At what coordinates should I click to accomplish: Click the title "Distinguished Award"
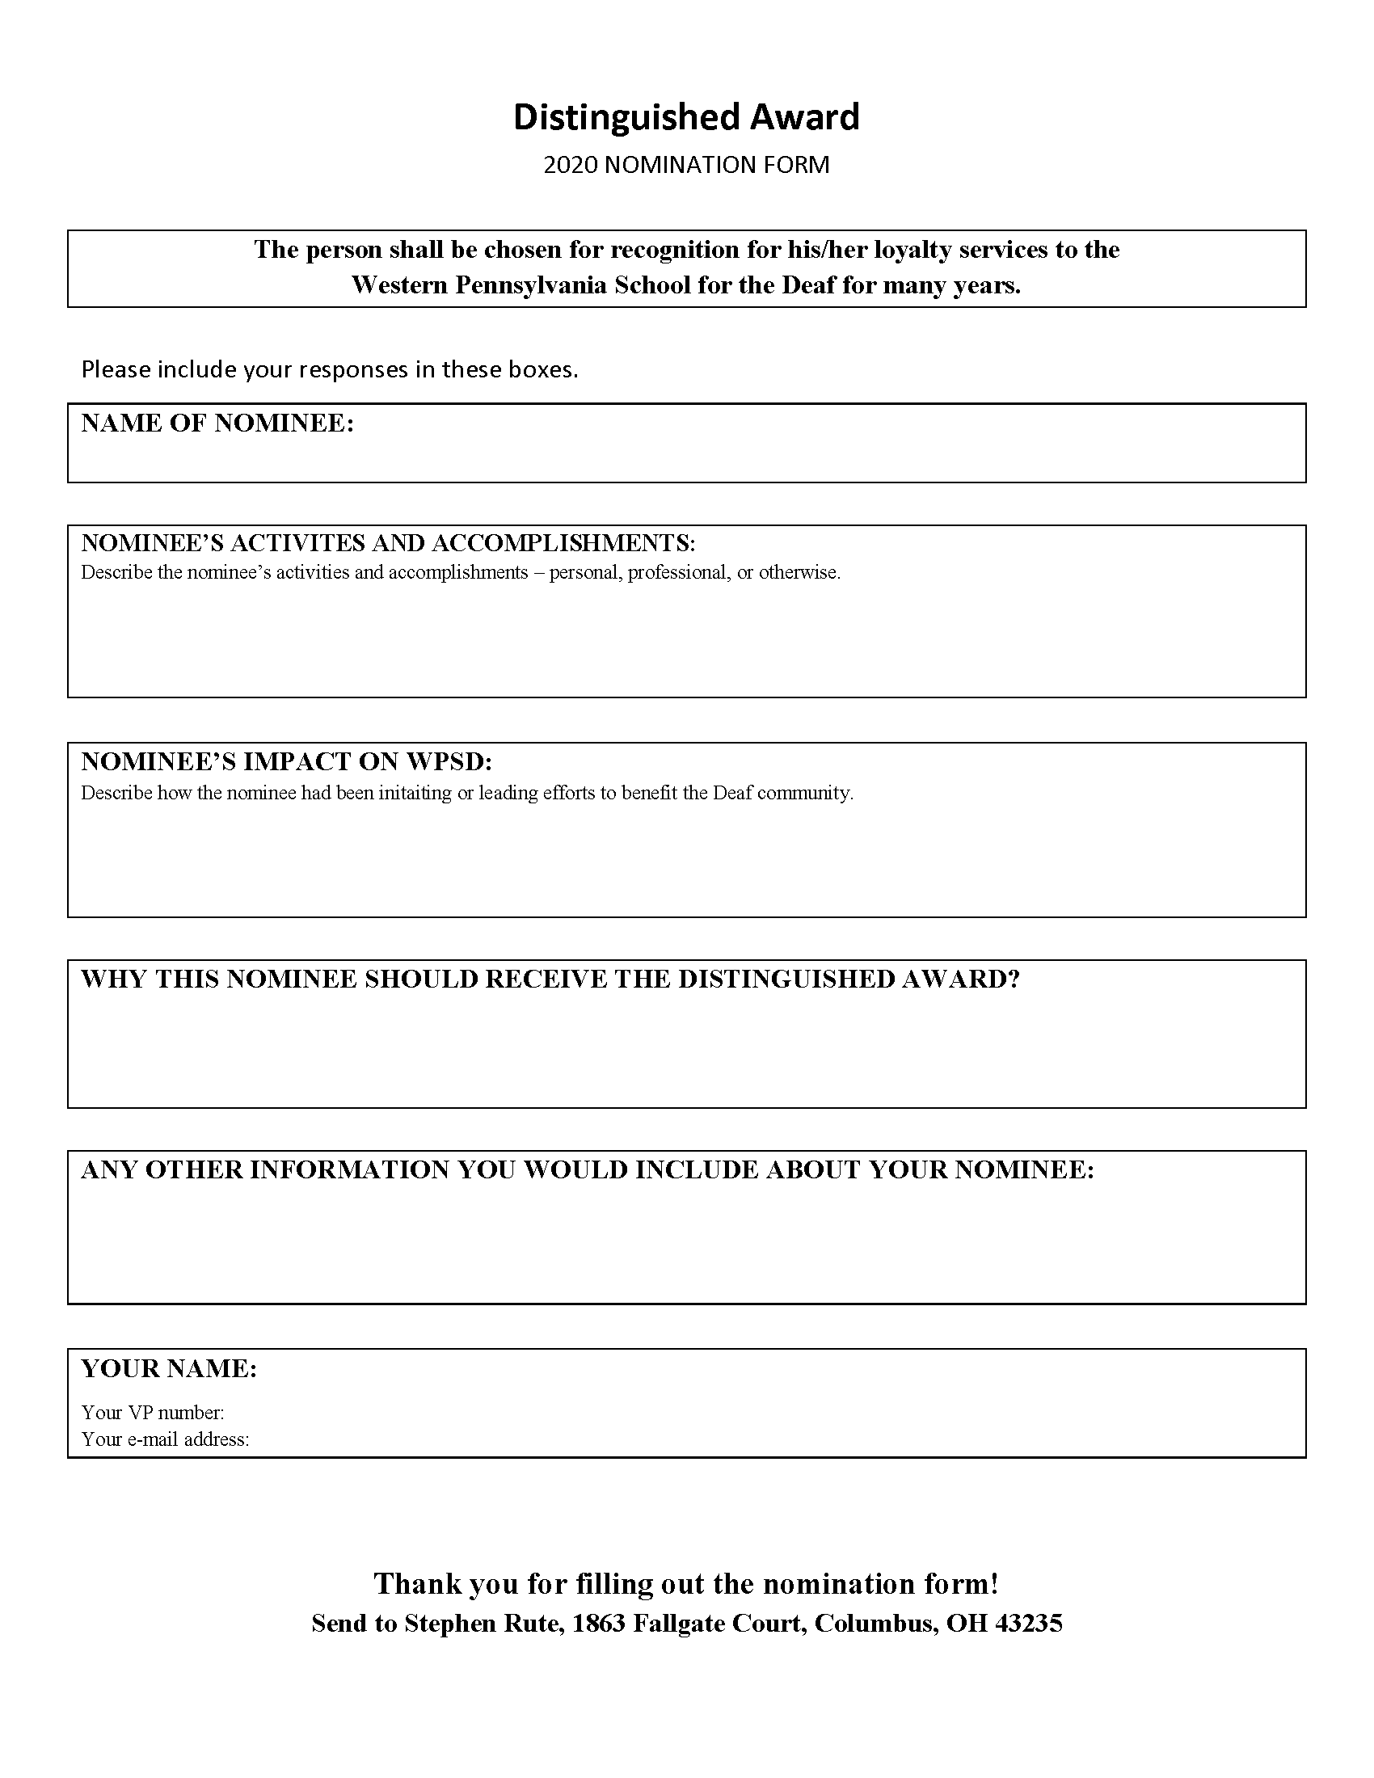pyautogui.click(x=685, y=118)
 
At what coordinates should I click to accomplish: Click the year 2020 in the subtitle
pyautogui.click(x=571, y=165)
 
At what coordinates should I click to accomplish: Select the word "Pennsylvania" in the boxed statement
pyautogui.click(x=529, y=286)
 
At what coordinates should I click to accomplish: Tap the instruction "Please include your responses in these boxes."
pyautogui.click(x=330, y=369)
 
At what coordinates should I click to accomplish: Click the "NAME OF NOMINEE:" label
pyautogui.click(x=217, y=423)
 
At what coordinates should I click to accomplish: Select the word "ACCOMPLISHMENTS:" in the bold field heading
pyautogui.click(x=563, y=543)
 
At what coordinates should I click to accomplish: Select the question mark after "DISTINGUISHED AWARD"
pyautogui.click(x=1014, y=980)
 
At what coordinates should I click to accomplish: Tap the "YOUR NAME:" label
pyautogui.click(x=169, y=1368)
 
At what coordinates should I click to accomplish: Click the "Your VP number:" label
pyautogui.click(x=153, y=1413)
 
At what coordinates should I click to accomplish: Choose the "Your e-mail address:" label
pyautogui.click(x=165, y=1439)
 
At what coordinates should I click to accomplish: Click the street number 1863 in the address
pyautogui.click(x=598, y=1624)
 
